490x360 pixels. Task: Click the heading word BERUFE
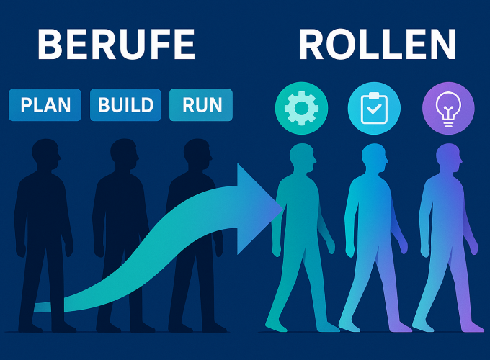point(116,45)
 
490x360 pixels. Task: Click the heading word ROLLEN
point(378,45)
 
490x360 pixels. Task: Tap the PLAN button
point(45,105)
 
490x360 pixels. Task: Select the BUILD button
point(125,105)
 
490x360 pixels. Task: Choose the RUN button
point(201,105)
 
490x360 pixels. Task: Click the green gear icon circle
point(301,108)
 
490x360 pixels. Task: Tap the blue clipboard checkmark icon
point(374,108)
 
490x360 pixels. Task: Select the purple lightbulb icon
point(447,108)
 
